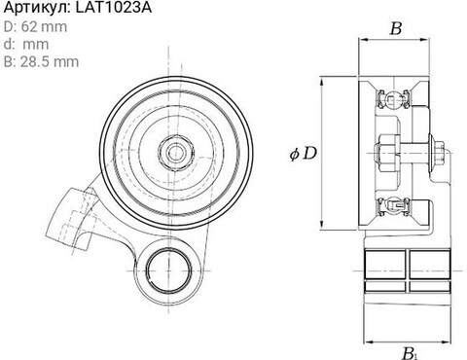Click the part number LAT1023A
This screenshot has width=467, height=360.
tap(114, 8)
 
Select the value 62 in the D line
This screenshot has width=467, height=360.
tap(29, 26)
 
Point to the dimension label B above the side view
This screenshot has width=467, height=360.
tap(396, 28)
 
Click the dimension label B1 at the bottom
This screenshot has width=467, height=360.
tap(409, 353)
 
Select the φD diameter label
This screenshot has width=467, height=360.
tap(303, 154)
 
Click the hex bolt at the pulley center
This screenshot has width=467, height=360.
tap(176, 152)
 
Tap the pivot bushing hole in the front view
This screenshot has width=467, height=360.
tap(168, 270)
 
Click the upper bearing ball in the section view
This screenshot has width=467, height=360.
tap(393, 98)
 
